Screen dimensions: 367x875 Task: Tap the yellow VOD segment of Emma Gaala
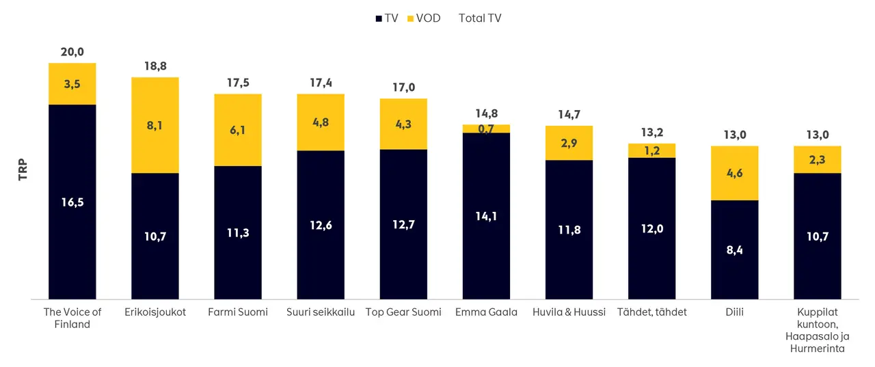tap(486, 128)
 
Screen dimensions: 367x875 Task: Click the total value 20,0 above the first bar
tap(72, 52)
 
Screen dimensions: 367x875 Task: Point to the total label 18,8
tap(155, 66)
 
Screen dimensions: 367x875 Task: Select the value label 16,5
tap(72, 202)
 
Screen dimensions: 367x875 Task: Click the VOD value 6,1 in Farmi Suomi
tap(238, 130)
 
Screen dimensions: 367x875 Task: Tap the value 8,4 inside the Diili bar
tap(735, 250)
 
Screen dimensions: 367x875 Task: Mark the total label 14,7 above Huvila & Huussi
tap(569, 115)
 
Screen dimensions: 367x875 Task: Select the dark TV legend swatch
tap(379, 19)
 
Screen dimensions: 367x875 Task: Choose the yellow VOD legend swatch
tap(411, 19)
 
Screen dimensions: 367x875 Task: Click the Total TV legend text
tap(480, 18)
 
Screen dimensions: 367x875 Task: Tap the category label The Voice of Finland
tap(72, 318)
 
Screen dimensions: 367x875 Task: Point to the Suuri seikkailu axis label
tap(321, 312)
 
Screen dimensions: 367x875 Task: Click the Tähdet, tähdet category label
tap(651, 312)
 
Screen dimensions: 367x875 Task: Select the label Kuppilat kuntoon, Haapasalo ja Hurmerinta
tap(818, 330)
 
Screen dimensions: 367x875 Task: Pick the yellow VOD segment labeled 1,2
tap(651, 150)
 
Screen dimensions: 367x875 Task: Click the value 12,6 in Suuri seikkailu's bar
tap(321, 224)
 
